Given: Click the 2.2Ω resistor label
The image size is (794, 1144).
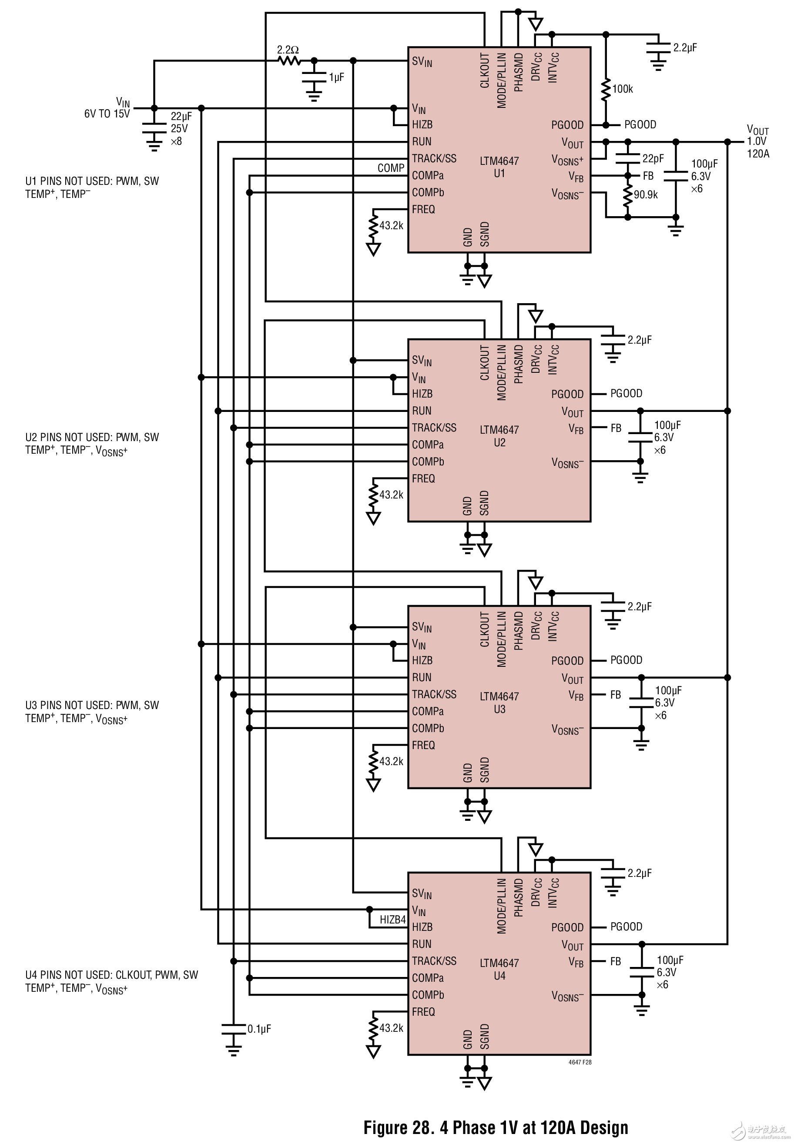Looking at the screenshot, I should click(288, 50).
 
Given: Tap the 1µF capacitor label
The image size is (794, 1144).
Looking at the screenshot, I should click(336, 77).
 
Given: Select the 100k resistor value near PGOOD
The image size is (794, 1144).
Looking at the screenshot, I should click(622, 89).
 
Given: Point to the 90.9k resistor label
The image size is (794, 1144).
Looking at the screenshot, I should click(645, 195).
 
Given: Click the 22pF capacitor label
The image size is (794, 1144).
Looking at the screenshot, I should click(653, 159).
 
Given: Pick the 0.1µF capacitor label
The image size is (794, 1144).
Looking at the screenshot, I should click(259, 1029).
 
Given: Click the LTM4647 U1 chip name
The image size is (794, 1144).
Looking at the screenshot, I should click(499, 167).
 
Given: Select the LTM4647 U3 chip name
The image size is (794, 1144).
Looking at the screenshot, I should click(499, 702).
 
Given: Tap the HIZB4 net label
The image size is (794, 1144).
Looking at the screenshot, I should click(392, 920).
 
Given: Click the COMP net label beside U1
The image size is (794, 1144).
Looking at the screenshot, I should click(391, 168).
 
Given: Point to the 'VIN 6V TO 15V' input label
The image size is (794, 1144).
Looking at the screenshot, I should click(107, 108).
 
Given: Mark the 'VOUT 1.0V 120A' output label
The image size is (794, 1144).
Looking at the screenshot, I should click(758, 142).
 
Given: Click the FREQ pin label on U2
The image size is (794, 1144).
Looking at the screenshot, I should click(423, 478).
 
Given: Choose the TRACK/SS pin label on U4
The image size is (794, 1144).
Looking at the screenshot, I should click(434, 961).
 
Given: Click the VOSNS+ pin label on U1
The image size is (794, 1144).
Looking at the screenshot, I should click(567, 160).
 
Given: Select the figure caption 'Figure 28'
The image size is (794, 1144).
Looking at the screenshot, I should click(496, 1127).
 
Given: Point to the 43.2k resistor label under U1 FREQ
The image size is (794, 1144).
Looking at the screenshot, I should click(391, 226).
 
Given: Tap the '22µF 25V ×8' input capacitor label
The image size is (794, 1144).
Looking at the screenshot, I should click(181, 129).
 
